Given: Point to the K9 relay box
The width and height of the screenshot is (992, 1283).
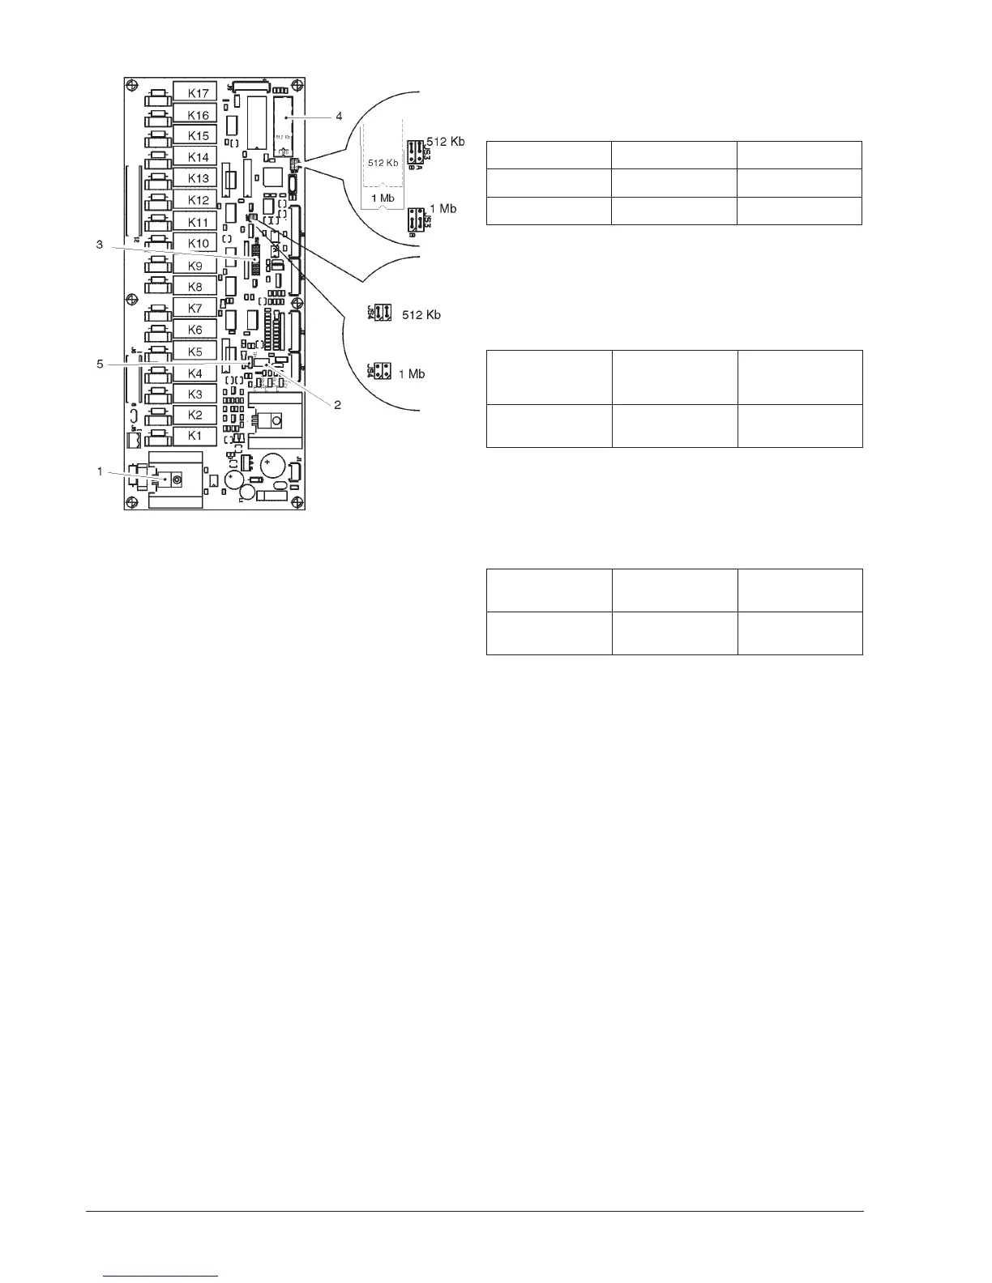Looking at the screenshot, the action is click(x=195, y=265).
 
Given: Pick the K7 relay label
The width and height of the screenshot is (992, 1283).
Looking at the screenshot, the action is click(x=195, y=308).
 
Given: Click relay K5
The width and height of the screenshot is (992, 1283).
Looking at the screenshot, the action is click(x=195, y=352).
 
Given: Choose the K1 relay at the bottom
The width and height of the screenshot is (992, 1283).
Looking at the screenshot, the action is click(x=195, y=436).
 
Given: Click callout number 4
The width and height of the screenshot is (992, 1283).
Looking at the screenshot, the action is click(x=339, y=116).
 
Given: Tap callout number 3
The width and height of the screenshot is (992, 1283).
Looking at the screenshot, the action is click(x=100, y=245).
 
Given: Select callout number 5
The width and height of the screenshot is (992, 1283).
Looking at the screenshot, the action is click(x=100, y=364).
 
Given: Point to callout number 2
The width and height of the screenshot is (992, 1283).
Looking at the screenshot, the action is click(x=338, y=405).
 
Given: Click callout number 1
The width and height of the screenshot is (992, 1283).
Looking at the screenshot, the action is click(x=100, y=471).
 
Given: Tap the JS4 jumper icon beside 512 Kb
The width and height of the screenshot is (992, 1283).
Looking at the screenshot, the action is click(x=380, y=313).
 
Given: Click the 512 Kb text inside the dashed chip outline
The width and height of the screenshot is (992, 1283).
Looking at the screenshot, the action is click(x=383, y=163).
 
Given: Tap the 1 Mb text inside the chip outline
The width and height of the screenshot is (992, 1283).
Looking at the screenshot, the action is click(x=383, y=198).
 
